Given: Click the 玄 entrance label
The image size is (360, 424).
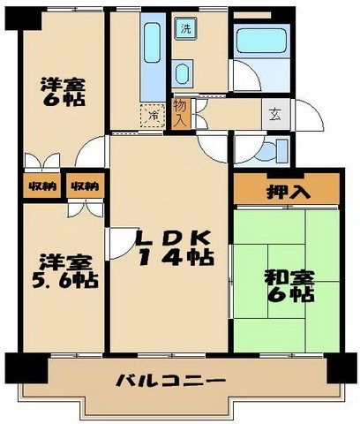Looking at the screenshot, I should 274,112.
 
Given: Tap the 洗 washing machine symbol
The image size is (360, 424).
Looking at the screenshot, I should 186,29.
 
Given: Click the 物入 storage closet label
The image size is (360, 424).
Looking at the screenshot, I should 180,110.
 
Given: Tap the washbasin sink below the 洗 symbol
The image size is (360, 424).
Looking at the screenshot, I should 184,73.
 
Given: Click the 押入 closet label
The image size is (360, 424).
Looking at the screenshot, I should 286,191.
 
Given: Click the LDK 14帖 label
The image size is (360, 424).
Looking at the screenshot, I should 173,247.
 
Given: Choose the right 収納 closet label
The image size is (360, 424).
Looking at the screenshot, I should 85,186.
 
